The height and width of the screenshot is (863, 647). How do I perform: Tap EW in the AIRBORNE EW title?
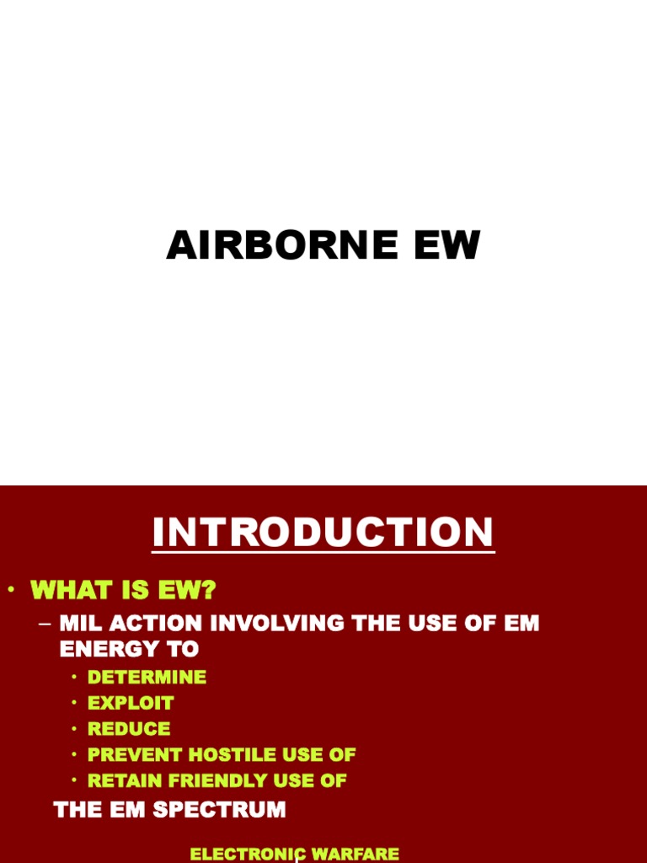pyautogui.click(x=445, y=245)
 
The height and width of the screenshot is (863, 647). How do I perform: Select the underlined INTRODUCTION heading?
pyautogui.click(x=323, y=533)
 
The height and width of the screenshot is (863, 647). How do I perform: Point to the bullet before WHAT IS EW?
pyautogui.click(x=12, y=590)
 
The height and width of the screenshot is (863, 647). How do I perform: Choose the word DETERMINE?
pyautogui.click(x=147, y=677)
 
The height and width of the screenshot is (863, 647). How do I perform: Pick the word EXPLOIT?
pyautogui.click(x=131, y=703)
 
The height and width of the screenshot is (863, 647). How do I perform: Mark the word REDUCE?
pyautogui.click(x=129, y=729)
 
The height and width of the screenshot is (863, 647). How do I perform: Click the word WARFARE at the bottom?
pyautogui.click(x=355, y=854)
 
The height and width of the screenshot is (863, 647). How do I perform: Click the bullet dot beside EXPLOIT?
pyautogui.click(x=74, y=703)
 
